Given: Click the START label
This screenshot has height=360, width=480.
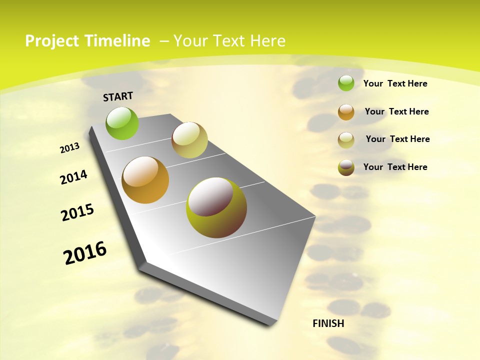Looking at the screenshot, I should (x=118, y=96).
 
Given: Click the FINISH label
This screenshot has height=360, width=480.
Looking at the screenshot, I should (x=328, y=323).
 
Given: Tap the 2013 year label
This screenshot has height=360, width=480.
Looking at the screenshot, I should (x=69, y=148).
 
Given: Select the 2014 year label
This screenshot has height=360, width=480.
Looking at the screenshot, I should (x=73, y=177).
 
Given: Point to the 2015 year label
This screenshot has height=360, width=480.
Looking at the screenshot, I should (x=77, y=212).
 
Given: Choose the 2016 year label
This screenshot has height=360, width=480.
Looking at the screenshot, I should (x=85, y=253).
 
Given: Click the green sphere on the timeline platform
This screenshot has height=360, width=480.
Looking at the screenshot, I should (x=122, y=123).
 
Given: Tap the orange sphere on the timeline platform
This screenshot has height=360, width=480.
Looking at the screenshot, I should (x=145, y=180).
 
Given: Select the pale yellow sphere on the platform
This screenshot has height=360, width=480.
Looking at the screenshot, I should (x=189, y=140).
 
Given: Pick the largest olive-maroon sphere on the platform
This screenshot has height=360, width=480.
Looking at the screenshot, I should (x=216, y=207).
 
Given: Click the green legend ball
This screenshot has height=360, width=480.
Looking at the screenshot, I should (x=346, y=83).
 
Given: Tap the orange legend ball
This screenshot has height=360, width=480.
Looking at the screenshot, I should (x=346, y=112).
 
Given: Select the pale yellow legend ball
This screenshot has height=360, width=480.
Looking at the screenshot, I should (x=346, y=139).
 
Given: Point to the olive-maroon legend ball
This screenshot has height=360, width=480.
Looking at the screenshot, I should (x=346, y=167).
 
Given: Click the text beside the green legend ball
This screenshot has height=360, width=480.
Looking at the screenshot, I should (x=395, y=83).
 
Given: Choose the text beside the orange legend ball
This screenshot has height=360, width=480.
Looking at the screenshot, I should (x=396, y=111).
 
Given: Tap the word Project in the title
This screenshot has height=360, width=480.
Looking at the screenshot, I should (x=52, y=41).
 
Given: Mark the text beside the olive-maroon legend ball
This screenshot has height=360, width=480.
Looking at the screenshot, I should (x=395, y=167).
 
